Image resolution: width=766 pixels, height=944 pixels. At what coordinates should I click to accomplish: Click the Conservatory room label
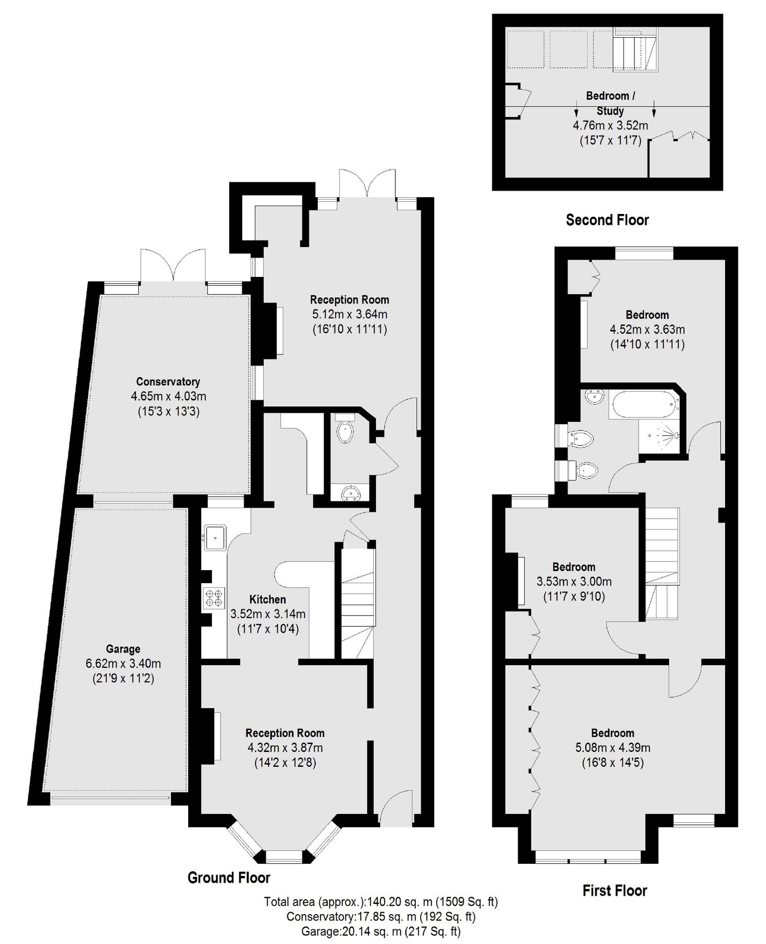point(168,382)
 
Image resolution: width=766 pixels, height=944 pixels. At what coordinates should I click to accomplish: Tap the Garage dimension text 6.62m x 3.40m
point(123,663)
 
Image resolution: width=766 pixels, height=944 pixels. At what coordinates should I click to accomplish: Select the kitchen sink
point(215,537)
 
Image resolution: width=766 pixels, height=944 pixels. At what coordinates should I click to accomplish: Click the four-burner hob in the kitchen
point(214,598)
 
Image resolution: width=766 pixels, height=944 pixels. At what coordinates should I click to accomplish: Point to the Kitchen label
point(267,599)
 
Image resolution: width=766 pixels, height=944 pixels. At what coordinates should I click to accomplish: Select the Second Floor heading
point(607,220)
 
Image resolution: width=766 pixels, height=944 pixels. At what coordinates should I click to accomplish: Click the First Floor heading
point(614,890)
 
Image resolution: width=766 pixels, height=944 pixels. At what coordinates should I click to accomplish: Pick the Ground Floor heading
point(229,877)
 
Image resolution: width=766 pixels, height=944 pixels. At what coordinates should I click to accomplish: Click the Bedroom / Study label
point(610,103)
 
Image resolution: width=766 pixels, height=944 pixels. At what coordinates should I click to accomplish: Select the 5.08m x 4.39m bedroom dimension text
point(612,747)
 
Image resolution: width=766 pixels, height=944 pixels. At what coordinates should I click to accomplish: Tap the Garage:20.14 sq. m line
point(381,931)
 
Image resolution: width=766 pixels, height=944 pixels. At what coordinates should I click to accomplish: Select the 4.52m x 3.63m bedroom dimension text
point(647,329)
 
